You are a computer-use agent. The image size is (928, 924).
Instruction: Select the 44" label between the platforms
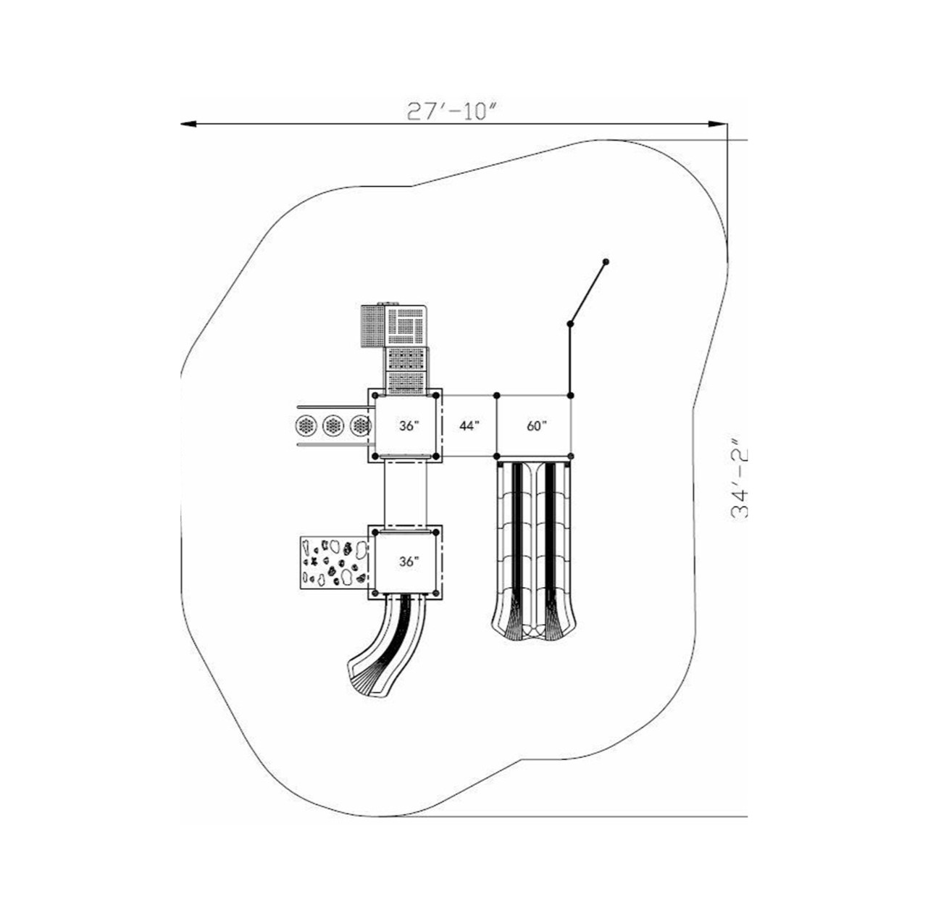tap(469, 426)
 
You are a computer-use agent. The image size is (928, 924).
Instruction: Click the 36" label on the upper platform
tap(409, 426)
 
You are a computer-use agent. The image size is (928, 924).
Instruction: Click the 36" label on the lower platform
tap(409, 562)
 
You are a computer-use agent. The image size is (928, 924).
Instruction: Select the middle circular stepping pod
tap(333, 426)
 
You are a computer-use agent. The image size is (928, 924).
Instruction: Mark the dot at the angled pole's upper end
tap(606, 262)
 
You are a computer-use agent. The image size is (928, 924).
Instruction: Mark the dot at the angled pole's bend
tap(570, 323)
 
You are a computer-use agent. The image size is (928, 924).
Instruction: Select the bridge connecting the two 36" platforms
tap(406, 494)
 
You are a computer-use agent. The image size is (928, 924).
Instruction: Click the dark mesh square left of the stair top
tap(372, 326)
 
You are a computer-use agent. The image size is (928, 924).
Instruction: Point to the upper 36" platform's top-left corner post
tap(375, 395)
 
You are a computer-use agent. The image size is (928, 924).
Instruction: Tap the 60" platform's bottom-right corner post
tap(570, 456)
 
